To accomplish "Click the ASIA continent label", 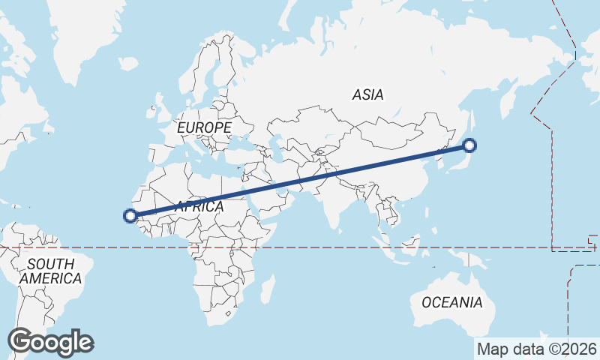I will [x=367, y=94].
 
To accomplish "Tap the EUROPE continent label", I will [x=204, y=128].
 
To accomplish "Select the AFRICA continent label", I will [x=199, y=206].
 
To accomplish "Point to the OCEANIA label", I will [x=451, y=303].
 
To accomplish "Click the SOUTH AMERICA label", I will [x=50, y=271].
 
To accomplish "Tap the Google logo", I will [x=50, y=342].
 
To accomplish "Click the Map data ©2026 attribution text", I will [x=537, y=349].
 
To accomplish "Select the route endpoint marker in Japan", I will [x=470, y=145].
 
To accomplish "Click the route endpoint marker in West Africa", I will [x=130, y=216].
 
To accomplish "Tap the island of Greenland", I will [x=90, y=37].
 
